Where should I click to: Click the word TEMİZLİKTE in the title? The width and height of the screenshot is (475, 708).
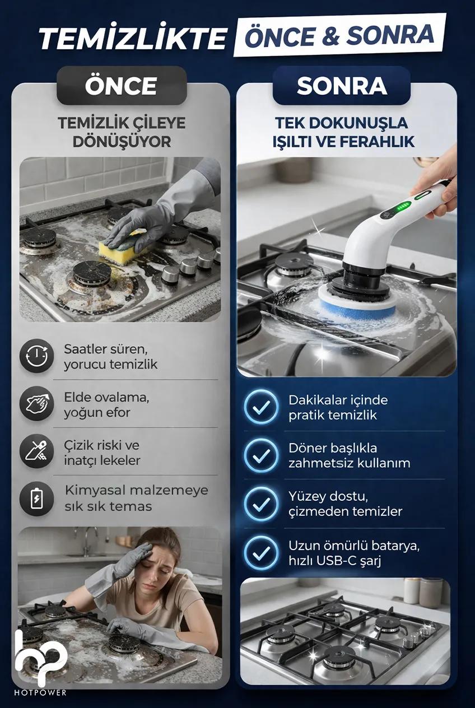133,39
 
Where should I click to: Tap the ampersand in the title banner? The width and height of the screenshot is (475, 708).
330,35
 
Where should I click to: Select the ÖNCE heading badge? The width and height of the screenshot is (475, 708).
122,86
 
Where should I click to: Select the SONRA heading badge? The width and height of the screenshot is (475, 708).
342,86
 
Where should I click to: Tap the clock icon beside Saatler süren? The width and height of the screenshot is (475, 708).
36,356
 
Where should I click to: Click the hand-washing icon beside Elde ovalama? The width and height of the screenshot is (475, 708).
36,404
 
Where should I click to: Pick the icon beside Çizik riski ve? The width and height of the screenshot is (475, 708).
36,451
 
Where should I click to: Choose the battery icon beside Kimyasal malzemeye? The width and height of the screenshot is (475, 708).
36,499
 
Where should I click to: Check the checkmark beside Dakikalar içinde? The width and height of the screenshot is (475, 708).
261,407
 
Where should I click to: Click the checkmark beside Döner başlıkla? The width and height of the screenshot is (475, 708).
261,455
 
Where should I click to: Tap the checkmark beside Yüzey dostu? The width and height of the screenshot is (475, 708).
261,504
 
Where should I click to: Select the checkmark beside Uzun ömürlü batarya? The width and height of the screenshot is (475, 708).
261,553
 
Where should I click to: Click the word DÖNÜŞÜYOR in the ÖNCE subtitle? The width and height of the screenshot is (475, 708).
122,142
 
